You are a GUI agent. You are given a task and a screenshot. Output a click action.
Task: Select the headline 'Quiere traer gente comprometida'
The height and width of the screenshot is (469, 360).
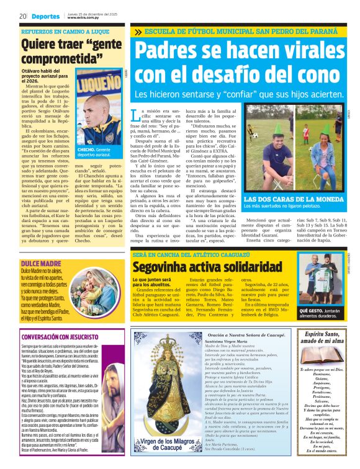(x=63, y=53)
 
